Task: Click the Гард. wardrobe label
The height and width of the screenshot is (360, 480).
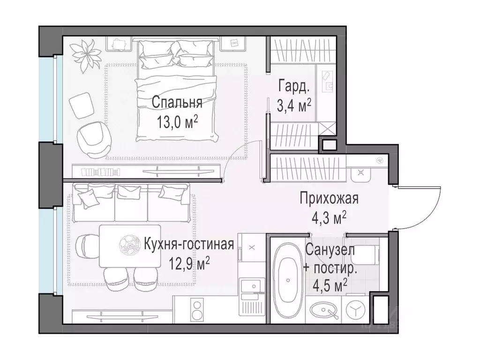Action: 294,86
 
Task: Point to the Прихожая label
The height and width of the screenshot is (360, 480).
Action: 329,199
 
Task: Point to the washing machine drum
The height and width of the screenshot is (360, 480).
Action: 358,310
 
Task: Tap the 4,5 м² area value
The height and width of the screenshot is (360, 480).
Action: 330,284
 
